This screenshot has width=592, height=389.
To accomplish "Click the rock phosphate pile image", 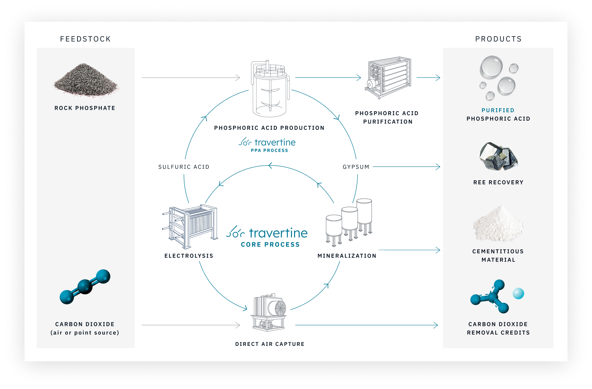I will [x=85, y=79].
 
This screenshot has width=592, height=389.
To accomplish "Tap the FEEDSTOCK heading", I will [x=85, y=39].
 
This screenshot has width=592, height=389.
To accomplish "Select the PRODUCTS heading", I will [x=498, y=39].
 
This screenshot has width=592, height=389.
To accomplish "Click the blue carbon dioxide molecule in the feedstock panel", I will [x=85, y=287].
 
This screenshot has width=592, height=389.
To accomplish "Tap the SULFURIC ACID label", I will [x=184, y=167].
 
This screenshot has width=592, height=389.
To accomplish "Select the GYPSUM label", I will [x=356, y=167].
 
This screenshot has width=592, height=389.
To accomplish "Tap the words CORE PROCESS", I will [x=270, y=244].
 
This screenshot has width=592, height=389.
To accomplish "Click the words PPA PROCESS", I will [x=269, y=150].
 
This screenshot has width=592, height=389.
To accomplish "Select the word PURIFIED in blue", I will [x=498, y=110].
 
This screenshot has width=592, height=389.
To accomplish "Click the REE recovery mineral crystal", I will [x=498, y=156].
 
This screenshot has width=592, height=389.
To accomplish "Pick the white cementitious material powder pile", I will [x=498, y=224].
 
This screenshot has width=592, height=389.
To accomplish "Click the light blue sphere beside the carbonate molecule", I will [x=518, y=293].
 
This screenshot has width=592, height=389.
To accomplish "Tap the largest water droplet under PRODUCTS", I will [x=491, y=67].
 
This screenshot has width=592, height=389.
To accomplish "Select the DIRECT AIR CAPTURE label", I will [x=270, y=344].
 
